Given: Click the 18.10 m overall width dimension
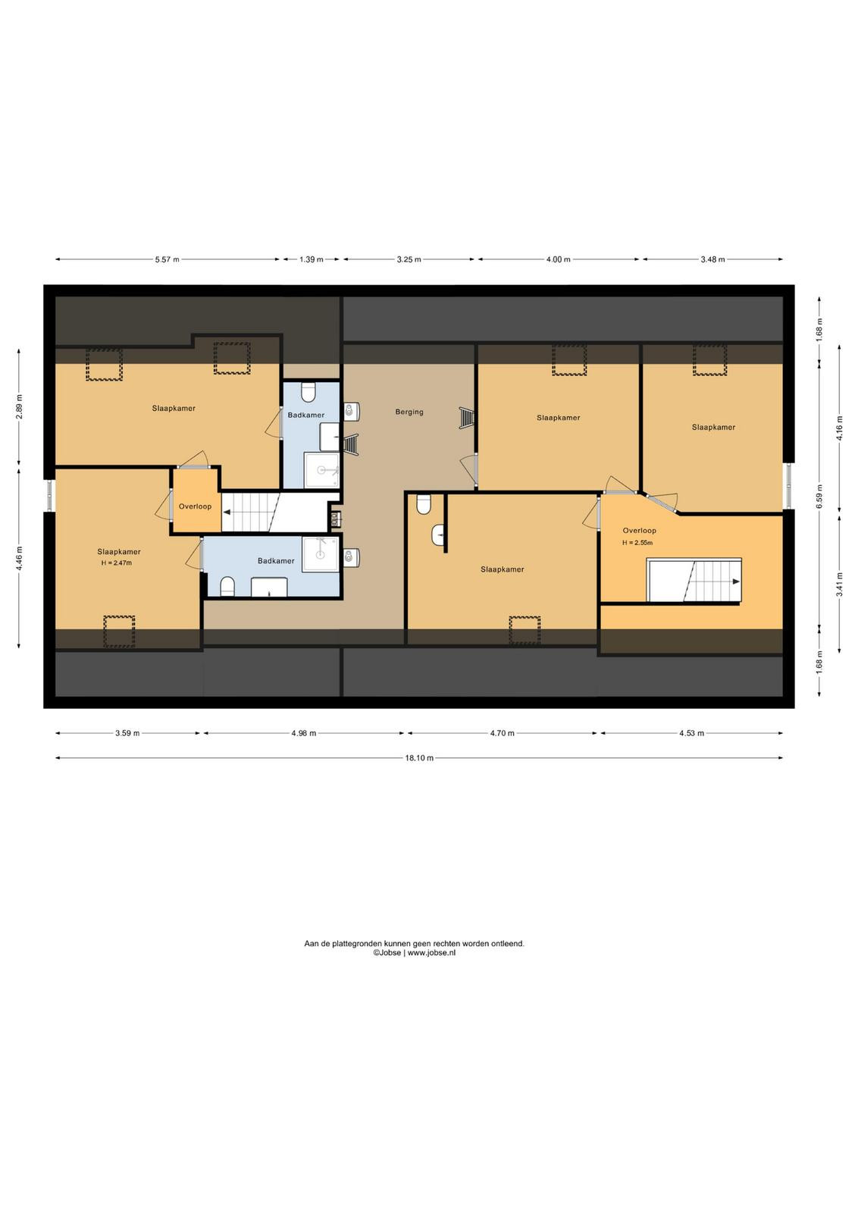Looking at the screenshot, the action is [419, 758].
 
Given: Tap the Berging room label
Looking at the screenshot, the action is [409, 412].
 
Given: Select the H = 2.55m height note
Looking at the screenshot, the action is [637, 543].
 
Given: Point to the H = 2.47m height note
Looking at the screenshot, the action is [117, 563].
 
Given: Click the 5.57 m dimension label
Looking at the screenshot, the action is [167, 259].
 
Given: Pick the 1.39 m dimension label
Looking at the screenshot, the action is [312, 259].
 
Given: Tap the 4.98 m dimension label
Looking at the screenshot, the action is [303, 733].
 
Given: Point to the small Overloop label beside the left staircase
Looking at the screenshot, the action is [195, 506].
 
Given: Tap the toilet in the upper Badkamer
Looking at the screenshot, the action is [308, 393].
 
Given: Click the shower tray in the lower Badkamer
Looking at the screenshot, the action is [321, 554].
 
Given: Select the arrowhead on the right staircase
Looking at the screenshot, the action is [736, 581].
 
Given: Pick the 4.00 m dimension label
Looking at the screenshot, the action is [558, 259].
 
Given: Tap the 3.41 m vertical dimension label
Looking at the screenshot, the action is [839, 585].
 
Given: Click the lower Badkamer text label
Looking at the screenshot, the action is [276, 560].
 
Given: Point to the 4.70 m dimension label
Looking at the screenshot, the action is [502, 733].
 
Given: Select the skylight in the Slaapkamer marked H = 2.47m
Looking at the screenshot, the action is [119, 632].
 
